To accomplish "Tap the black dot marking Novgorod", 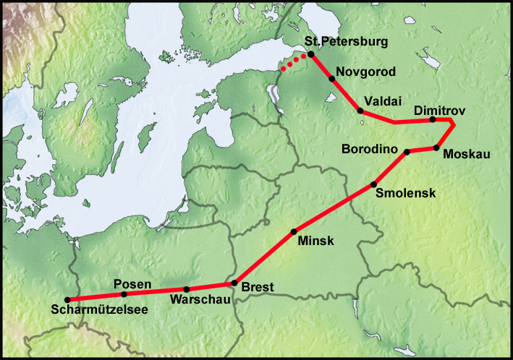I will tap(332, 78).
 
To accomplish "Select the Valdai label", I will tap(383, 101).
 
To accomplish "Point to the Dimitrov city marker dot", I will tap(432, 119).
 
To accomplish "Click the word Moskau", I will tap(467, 154).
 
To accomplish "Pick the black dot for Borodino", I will tap(407, 152).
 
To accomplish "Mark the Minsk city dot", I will tap(294, 231).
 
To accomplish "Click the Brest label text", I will tap(257, 288).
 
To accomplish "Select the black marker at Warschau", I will tap(186, 289).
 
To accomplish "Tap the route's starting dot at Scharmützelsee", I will tap(67, 299).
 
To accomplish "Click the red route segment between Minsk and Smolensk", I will tap(333, 208).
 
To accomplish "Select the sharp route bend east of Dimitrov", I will tap(453, 125).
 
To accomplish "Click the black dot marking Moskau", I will tap(436, 148).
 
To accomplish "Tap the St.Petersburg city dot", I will tap(310, 55).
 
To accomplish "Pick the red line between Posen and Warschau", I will tap(155, 292).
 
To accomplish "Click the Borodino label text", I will tap(370, 150).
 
